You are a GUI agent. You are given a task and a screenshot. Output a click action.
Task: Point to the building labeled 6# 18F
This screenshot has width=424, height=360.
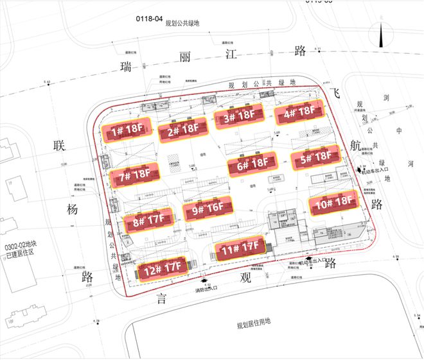click(x=252, y=165)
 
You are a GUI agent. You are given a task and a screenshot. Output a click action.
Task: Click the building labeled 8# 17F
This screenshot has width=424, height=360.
click(x=149, y=221)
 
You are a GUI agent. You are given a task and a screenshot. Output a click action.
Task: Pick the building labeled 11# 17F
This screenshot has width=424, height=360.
click(x=239, y=248)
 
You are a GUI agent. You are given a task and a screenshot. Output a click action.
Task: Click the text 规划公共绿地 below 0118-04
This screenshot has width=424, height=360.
click(x=182, y=26)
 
